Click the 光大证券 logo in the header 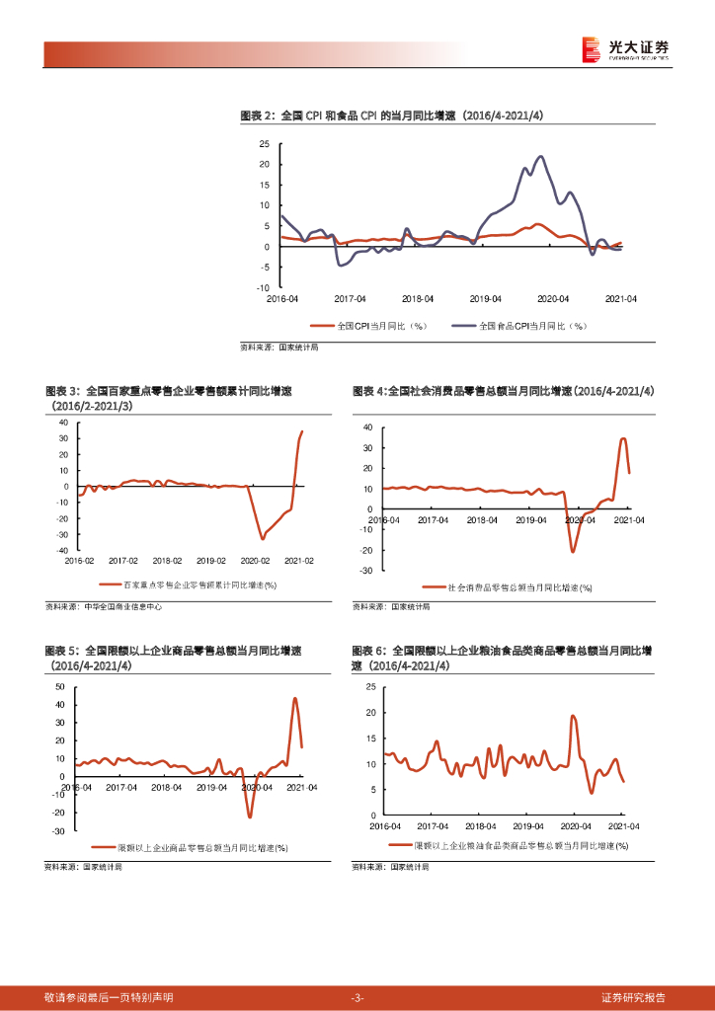click(x=624, y=49)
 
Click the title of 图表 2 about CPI click(x=392, y=117)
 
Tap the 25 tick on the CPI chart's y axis click(x=264, y=143)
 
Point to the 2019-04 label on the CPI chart click(x=485, y=298)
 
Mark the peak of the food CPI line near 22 click(x=540, y=156)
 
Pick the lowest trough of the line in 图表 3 click(x=262, y=538)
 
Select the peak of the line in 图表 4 click(x=623, y=438)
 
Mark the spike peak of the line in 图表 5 click(x=294, y=698)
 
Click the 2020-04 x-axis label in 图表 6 click(x=576, y=825)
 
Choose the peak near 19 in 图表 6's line click(x=574, y=716)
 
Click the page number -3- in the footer click(x=357, y=997)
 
